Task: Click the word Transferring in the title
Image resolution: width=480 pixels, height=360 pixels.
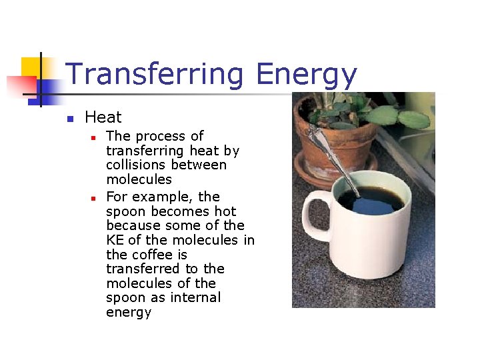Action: (156, 75)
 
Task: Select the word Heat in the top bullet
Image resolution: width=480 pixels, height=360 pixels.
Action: (103, 117)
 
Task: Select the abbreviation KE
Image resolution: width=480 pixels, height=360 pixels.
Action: (115, 240)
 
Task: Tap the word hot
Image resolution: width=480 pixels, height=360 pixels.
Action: (225, 211)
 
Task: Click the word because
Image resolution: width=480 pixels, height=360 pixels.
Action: (129, 226)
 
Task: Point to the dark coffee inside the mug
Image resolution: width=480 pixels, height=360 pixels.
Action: (370, 200)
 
